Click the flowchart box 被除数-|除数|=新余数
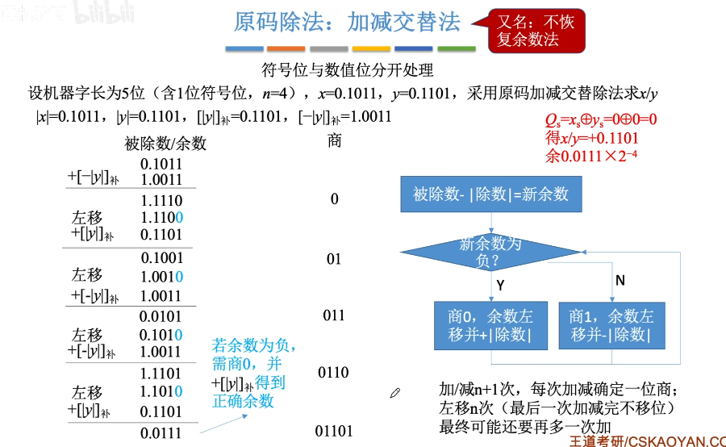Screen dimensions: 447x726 490,194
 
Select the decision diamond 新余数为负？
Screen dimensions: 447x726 490,251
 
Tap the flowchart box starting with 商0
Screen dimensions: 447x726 490,325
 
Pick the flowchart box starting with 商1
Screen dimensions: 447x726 611,325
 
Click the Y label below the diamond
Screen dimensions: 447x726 500,286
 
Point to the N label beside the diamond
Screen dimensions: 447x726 620,280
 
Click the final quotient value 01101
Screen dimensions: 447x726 334,432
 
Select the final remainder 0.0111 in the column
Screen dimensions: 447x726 161,433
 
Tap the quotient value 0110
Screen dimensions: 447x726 334,373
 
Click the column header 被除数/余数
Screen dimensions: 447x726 165,144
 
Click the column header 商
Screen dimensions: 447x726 335,141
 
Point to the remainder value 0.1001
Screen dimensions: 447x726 162,259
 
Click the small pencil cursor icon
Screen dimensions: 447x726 395,393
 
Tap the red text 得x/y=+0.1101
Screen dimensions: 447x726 592,137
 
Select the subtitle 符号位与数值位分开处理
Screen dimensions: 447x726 348,70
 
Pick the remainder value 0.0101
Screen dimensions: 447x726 161,316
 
